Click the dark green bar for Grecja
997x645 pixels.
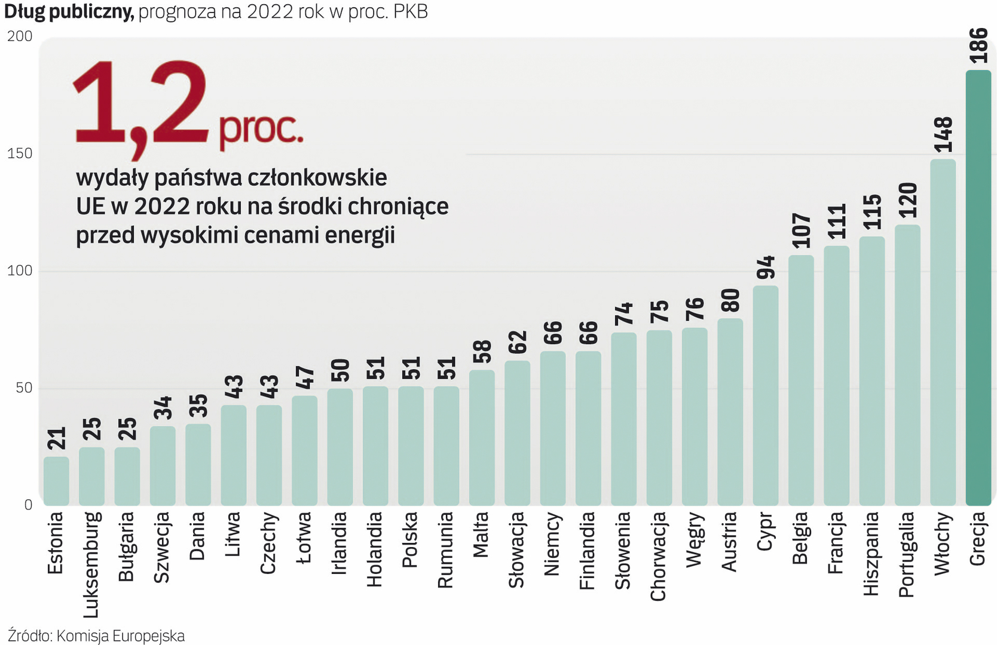point(978,287)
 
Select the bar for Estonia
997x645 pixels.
point(56,481)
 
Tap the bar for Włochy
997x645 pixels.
point(943,331)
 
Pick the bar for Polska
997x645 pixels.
point(411,445)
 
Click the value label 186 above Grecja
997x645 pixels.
point(978,45)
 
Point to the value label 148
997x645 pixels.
point(943,135)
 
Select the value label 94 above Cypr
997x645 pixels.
point(766,268)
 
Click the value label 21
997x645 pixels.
point(57,438)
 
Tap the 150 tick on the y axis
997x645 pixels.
point(20,153)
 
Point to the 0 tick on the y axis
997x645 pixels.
point(28,505)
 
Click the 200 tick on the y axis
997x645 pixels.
point(20,36)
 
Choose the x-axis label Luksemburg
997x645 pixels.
point(91,564)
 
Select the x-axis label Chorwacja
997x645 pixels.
point(658,556)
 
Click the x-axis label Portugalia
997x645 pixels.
point(907,554)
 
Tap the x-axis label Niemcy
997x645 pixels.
point(552,544)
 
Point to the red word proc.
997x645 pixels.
point(261,128)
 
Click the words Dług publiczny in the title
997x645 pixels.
point(69,11)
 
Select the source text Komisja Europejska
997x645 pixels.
point(120,636)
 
